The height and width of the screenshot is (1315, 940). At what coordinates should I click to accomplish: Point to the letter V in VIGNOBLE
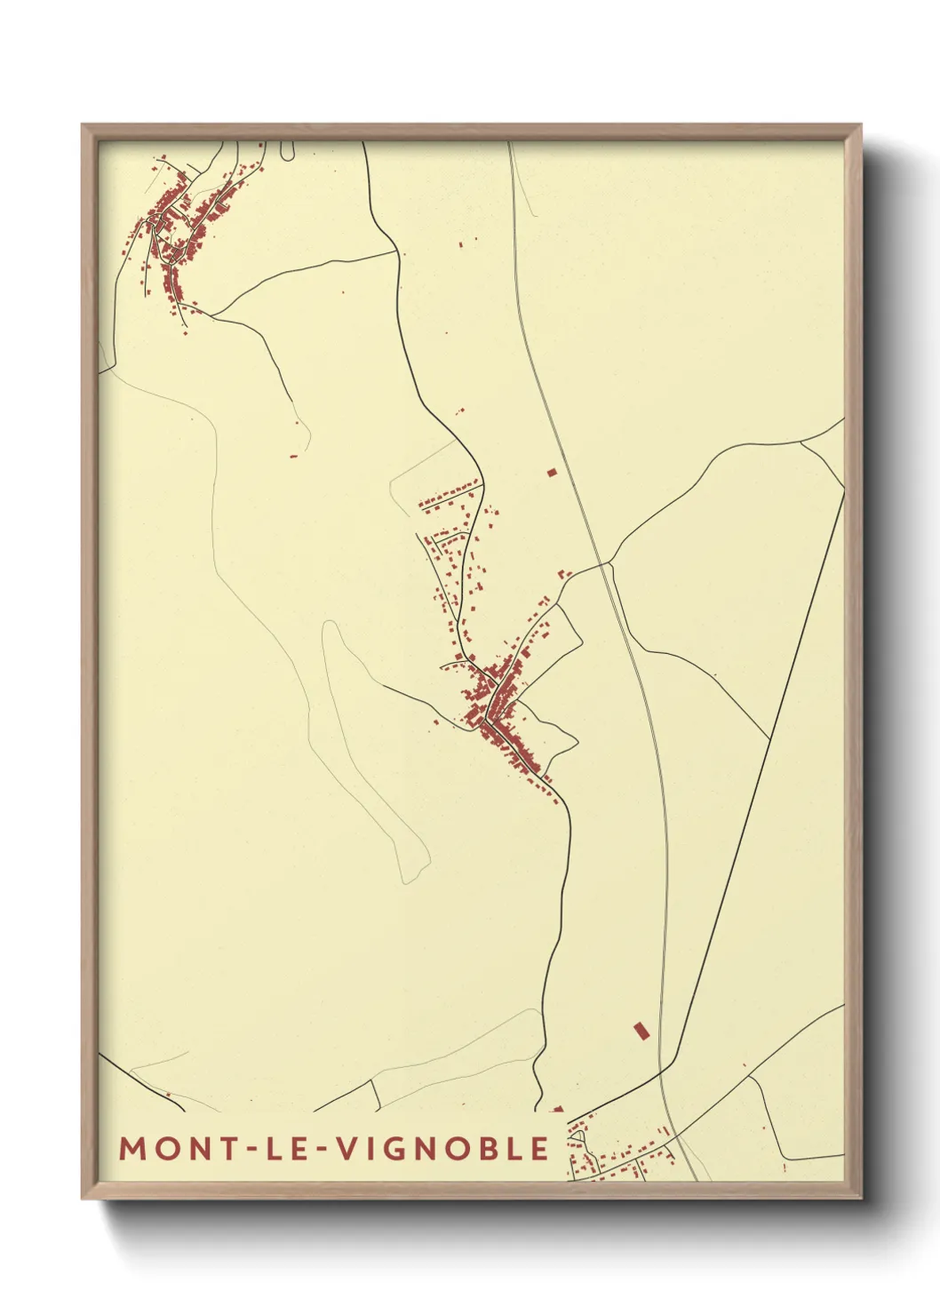347,1149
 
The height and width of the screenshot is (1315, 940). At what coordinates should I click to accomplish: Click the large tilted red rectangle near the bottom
641,1031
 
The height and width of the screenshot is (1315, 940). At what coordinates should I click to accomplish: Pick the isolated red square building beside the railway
551,473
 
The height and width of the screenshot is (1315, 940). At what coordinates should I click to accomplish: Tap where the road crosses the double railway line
607,562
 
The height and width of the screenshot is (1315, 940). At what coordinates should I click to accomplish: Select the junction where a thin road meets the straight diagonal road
769,739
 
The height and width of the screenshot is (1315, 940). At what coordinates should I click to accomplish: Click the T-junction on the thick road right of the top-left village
396,252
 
